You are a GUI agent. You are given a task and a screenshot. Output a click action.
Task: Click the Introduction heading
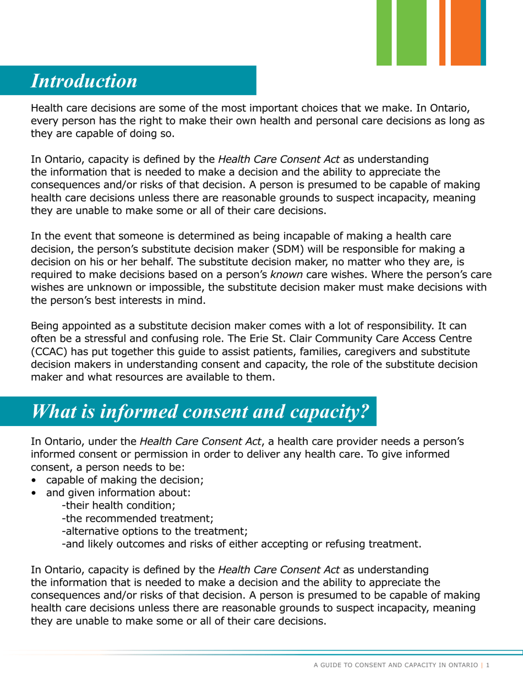(x=84, y=80)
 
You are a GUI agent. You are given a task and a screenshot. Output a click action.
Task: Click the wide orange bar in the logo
(x=465, y=32)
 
